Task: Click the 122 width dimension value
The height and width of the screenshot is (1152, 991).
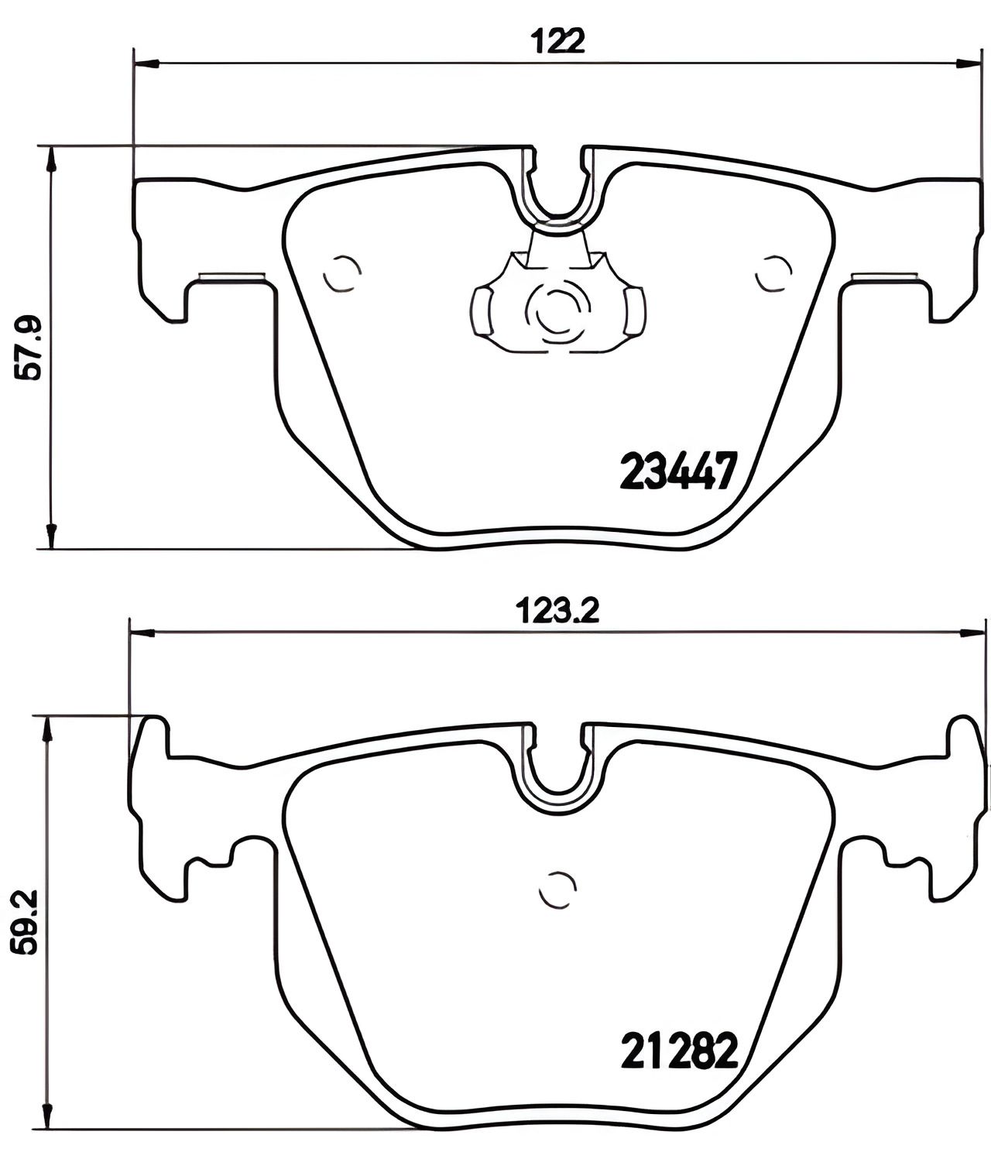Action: [x=558, y=41]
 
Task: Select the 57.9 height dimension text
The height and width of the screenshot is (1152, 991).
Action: [x=28, y=348]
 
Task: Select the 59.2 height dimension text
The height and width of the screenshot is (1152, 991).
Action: [x=25, y=922]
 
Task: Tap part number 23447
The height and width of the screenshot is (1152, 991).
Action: [x=679, y=471]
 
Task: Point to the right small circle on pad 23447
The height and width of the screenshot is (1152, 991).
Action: [x=773, y=273]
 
